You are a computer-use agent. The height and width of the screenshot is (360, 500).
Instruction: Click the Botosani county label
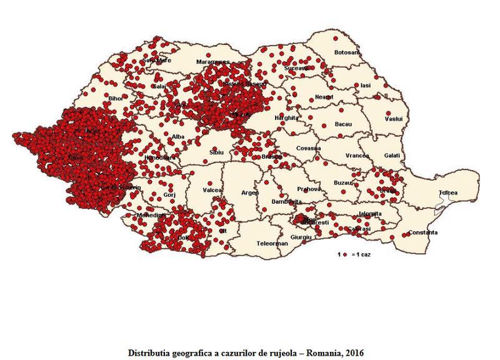[347, 52]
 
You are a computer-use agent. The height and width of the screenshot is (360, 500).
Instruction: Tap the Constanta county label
[423, 233]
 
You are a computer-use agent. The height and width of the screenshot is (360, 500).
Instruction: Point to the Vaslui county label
[392, 119]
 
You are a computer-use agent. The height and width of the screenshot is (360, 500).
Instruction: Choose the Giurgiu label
[301, 237]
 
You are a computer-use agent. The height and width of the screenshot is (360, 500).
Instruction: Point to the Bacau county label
[344, 124]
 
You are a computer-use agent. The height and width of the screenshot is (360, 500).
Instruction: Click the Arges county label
[250, 192]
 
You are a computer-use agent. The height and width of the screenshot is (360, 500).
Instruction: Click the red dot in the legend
[345, 255]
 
